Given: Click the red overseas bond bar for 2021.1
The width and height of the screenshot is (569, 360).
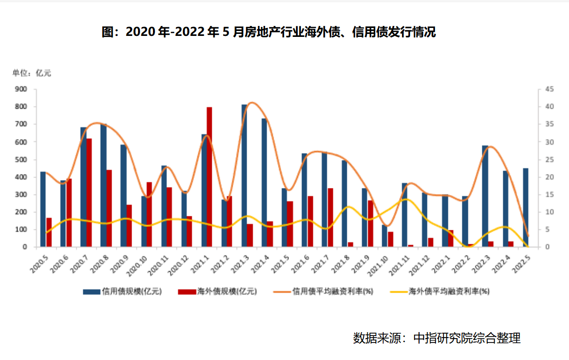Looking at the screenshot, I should (x=209, y=177).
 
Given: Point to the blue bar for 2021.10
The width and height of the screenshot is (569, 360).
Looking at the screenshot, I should (x=385, y=236).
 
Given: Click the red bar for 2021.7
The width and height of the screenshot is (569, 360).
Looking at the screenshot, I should (x=330, y=217).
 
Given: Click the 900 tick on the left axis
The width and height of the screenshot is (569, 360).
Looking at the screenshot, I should (x=21, y=89).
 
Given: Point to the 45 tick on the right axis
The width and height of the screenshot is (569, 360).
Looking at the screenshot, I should (x=549, y=89).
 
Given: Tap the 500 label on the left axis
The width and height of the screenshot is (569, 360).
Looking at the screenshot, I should (x=21, y=160).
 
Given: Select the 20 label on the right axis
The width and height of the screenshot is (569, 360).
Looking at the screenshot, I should (x=549, y=177).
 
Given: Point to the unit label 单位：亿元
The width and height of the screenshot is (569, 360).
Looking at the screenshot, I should (x=32, y=73).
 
